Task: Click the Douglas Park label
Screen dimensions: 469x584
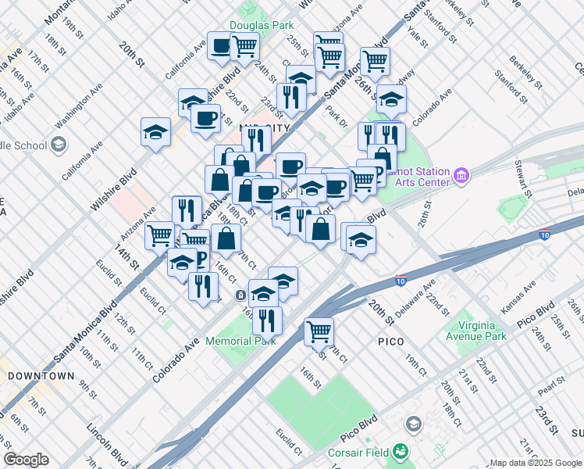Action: [x=262, y=26]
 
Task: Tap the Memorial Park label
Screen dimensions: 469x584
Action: [x=240, y=341]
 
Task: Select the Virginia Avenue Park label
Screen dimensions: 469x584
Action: [x=475, y=331]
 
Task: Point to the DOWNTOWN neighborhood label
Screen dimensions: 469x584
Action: [x=41, y=376]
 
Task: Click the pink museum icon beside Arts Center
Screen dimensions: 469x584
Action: [x=461, y=177]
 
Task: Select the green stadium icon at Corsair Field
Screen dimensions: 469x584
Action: [x=400, y=451]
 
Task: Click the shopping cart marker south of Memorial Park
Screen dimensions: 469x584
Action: [x=319, y=331]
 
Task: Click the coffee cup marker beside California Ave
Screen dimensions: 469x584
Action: [x=220, y=45]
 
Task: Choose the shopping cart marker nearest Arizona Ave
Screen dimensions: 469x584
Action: [x=158, y=234]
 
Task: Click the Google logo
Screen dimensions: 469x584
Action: [x=26, y=460]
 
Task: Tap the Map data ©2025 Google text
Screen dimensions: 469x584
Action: [x=535, y=463]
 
